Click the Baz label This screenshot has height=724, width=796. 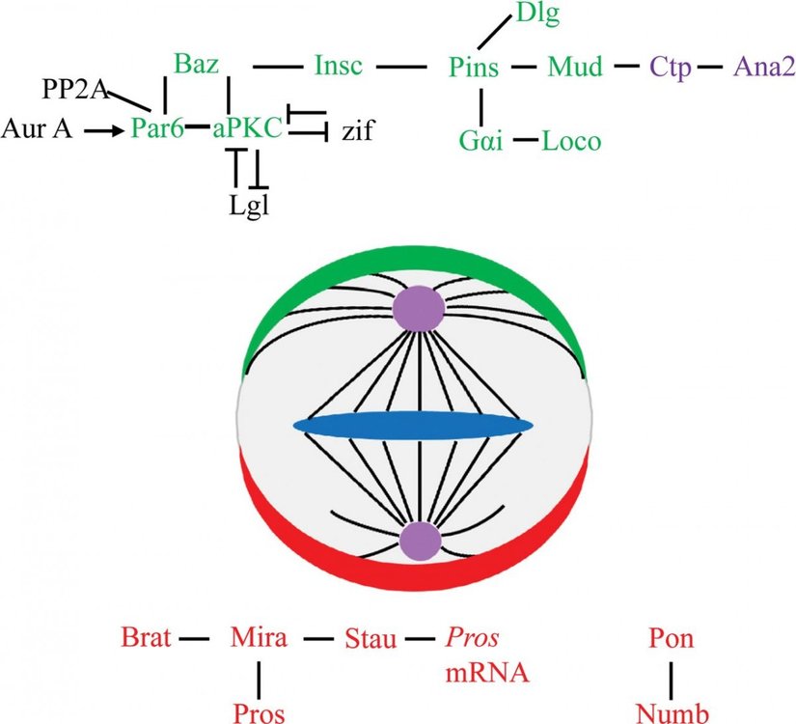coord(199,66)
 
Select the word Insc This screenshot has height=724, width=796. coord(339,67)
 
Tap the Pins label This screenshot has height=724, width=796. coord(474,68)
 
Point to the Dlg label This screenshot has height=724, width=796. coord(538,14)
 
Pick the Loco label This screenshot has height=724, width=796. coord(571,142)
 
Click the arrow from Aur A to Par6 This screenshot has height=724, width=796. coord(103,127)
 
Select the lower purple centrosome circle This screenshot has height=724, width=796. coord(419,542)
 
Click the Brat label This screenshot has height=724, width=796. coord(146,637)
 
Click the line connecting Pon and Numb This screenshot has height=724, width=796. coord(672,675)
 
